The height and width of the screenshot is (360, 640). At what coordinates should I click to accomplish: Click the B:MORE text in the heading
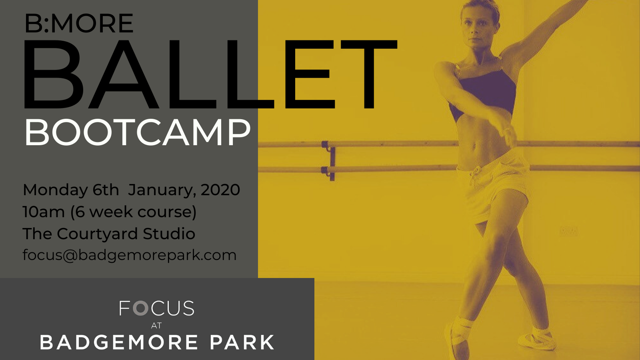point(79,23)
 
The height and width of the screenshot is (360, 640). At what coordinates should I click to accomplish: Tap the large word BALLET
point(210,74)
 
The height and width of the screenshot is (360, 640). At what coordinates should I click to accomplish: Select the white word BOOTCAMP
point(138,133)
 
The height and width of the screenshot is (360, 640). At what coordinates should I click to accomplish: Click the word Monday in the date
point(55,190)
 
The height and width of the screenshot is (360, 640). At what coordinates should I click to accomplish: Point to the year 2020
point(220,190)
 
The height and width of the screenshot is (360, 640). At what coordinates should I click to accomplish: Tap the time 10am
point(44,212)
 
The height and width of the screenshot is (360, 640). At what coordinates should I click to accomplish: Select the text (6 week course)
point(134,212)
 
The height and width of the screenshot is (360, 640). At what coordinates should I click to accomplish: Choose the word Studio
point(169,234)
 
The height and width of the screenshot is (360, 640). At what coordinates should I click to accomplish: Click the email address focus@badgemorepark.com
point(130,255)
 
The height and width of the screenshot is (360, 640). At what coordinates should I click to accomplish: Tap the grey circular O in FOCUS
point(140,308)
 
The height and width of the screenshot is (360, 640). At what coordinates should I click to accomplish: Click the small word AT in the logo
point(156,326)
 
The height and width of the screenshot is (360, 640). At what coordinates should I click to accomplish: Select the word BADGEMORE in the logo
point(118,342)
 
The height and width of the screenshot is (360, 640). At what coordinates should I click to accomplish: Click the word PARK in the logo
point(242,342)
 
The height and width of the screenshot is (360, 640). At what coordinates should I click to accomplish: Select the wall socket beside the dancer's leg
point(568,231)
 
